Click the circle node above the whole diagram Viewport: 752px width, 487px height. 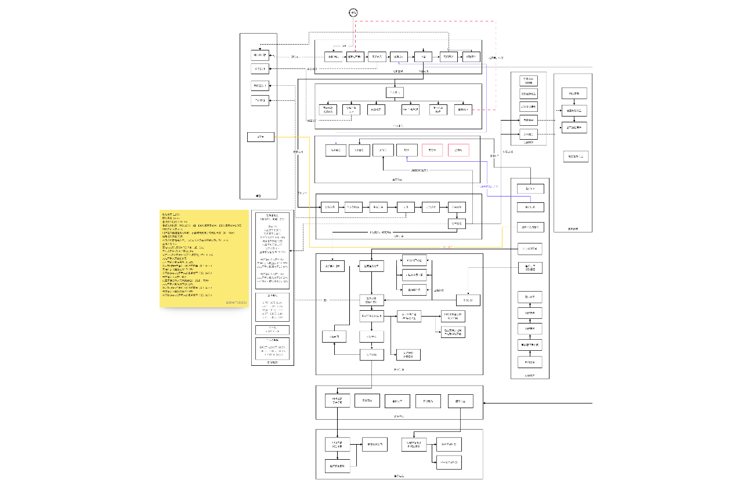tap(353, 13)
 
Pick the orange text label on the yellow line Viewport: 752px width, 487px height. tap(447, 248)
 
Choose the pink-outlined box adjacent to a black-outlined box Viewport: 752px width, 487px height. tap(432, 150)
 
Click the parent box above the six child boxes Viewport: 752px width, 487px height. tap(394, 92)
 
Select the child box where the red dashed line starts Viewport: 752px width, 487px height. tap(462, 109)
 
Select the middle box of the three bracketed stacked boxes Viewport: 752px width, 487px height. tap(415, 275)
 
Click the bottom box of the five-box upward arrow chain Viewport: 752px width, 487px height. tap(530, 362)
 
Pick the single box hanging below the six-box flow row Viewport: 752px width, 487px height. tap(456, 224)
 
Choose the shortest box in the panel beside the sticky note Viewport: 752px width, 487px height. tap(272, 330)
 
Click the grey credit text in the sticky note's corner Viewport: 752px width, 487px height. tap(236, 303)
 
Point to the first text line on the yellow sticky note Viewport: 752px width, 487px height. tap(171, 214)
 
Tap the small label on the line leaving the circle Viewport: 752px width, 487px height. tap(344, 46)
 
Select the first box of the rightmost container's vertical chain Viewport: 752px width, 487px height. tap(574, 93)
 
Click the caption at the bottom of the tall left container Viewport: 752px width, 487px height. tap(258, 196)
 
